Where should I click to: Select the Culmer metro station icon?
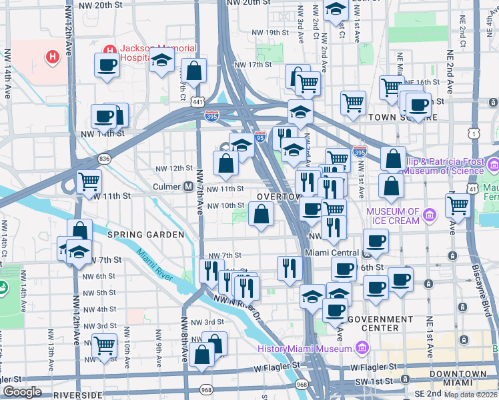click(188, 187)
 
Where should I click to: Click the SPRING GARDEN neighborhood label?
click(145, 235)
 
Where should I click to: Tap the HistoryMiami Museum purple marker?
click(362, 348)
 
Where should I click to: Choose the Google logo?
click(22, 392)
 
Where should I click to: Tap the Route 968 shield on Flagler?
click(302, 384)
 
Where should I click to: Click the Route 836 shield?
click(104, 159)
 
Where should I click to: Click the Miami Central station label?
click(332, 253)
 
